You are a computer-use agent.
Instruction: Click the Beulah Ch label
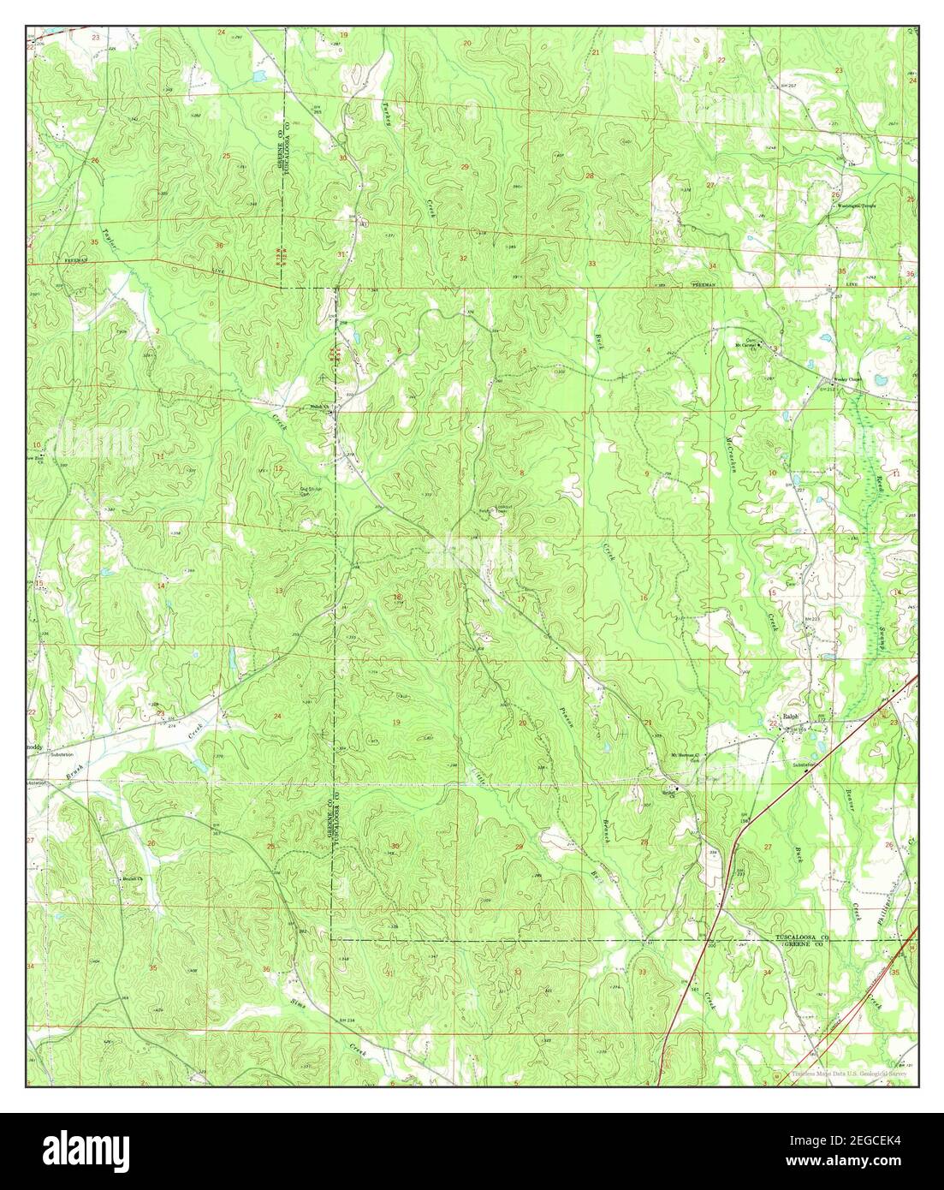(x=128, y=879)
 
